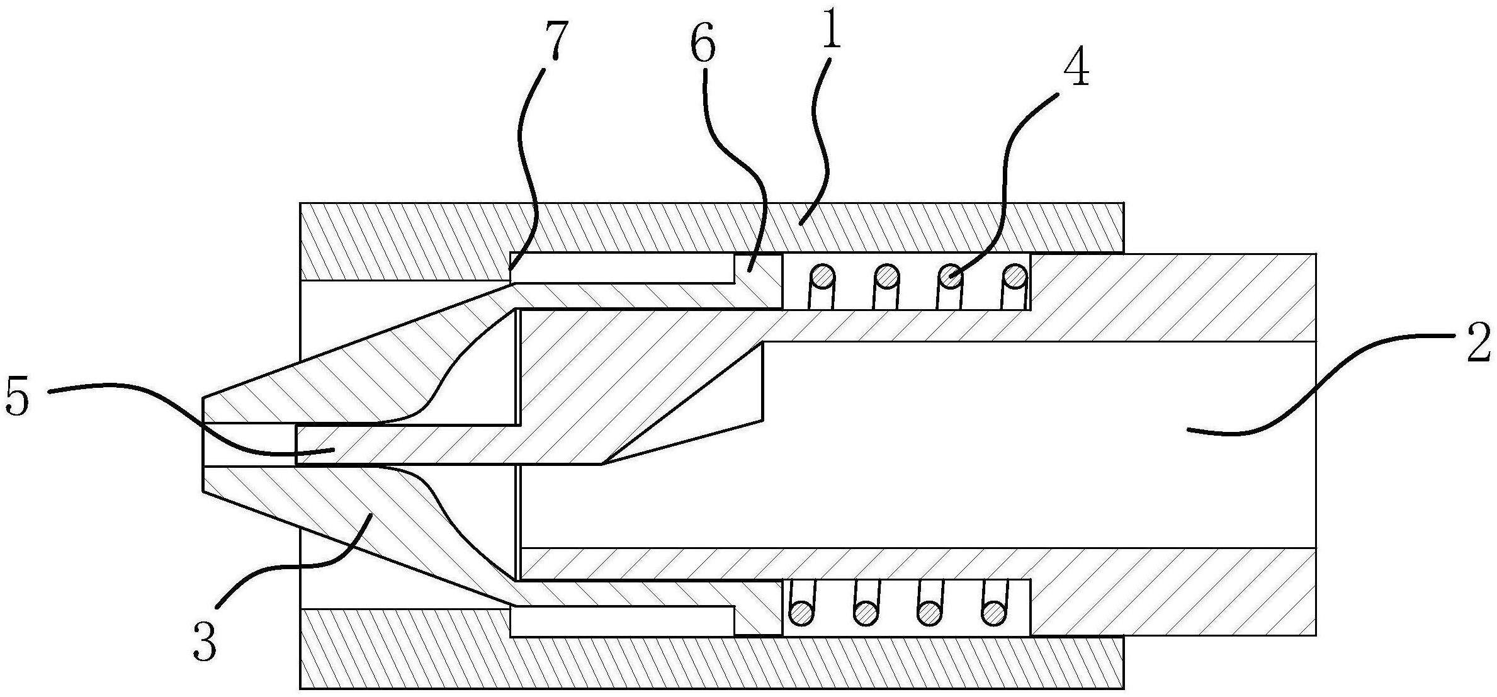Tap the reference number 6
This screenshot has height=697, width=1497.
click(703, 45)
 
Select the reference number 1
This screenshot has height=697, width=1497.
click(832, 35)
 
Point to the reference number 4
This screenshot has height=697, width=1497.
click(1076, 71)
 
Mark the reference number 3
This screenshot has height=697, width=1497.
click(205, 641)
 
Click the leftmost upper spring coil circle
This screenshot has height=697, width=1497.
click(823, 275)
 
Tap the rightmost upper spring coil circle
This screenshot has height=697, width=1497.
click(1014, 275)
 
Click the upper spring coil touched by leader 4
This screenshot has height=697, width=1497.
click(951, 275)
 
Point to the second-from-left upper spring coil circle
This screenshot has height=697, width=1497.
click(887, 275)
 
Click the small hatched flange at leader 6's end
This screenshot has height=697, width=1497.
click(759, 280)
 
